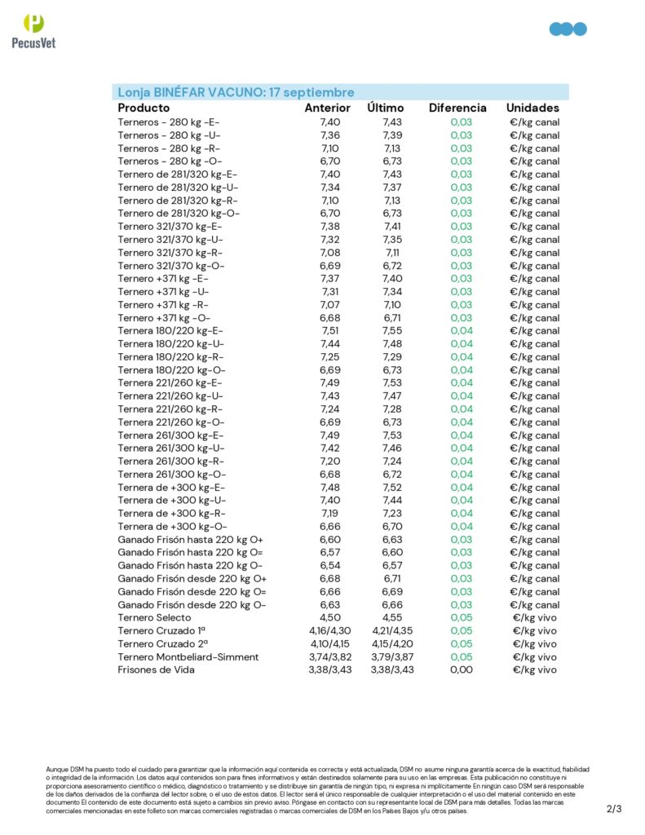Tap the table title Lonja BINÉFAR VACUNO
[x=236, y=92]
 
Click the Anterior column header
[x=328, y=108]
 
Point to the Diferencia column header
[x=457, y=108]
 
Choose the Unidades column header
[x=532, y=108]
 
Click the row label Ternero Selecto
[x=156, y=617]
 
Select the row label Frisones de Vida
[x=156, y=669]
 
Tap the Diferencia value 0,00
[x=461, y=669]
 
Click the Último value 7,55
[x=392, y=330]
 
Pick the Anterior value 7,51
[x=330, y=330]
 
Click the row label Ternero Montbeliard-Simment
[x=188, y=656]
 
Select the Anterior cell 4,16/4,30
[x=329, y=630]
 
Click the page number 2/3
[x=614, y=809]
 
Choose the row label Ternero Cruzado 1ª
[x=161, y=630]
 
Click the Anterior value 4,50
[x=330, y=617]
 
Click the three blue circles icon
[x=568, y=29]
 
